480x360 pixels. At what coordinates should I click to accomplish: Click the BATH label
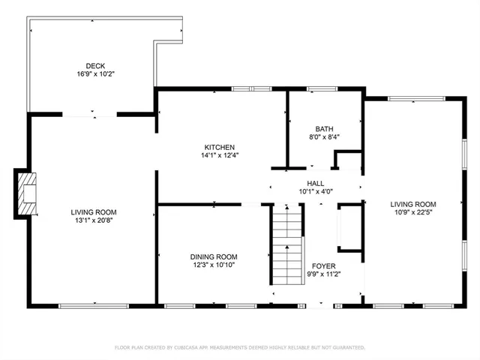coord(324,128)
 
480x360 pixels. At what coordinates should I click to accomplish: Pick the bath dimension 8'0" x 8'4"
coord(324,137)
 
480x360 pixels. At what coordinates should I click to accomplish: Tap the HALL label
coord(316,183)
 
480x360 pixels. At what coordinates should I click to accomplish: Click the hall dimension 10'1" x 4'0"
coord(316,192)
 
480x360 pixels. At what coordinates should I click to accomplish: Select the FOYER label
coord(323,265)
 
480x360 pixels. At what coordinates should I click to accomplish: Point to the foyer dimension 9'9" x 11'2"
coord(323,274)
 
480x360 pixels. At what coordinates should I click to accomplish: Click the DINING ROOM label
coord(213,256)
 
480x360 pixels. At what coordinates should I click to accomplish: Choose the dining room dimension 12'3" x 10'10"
coord(213,265)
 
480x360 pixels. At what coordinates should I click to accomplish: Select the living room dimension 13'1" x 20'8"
coord(94,221)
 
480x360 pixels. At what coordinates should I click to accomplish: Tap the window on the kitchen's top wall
coord(250,89)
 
